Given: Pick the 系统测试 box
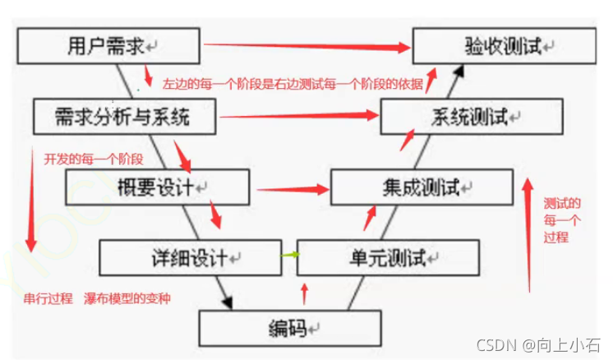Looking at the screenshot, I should [471, 117].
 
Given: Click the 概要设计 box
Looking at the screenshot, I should [157, 187].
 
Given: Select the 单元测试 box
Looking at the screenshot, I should [387, 258].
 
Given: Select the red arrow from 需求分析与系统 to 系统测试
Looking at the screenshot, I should [300, 117].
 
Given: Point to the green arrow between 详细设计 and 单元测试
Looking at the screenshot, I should [288, 256].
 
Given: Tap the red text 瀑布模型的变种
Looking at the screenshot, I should [127, 297].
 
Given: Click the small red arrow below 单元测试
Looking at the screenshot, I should [305, 291].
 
